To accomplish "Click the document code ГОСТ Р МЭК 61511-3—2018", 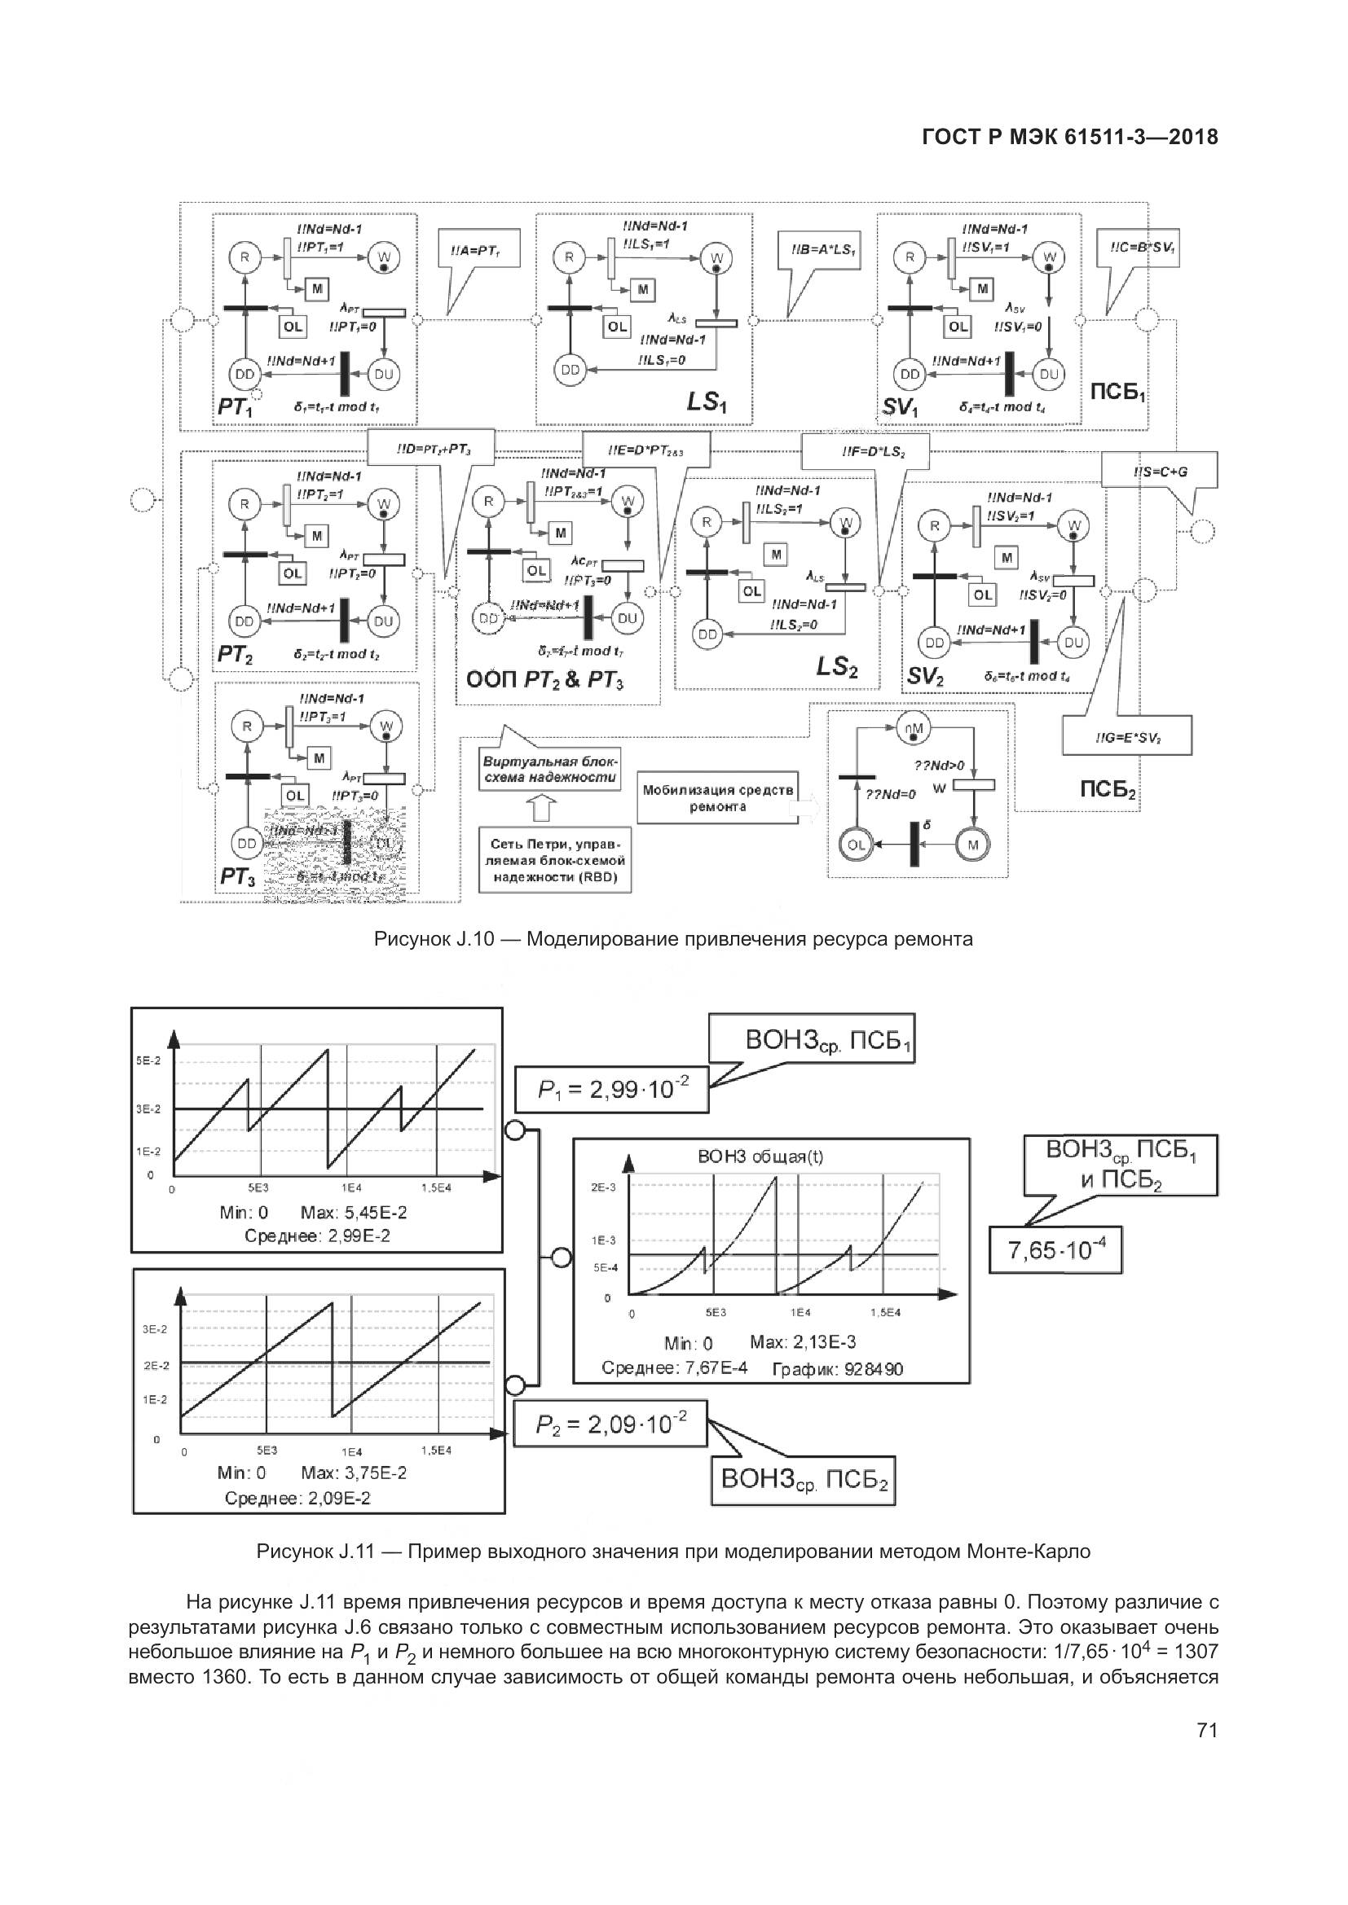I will point(1070,138).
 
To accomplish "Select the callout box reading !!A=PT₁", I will point(478,248).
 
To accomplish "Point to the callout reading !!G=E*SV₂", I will point(1127,735).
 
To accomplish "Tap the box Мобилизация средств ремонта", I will point(718,799).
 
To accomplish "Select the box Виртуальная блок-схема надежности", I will point(549,769).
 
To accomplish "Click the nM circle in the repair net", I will point(914,727).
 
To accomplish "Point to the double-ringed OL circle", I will point(857,845).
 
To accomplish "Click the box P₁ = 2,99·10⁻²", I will point(612,1090).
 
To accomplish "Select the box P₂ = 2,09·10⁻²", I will point(611,1424).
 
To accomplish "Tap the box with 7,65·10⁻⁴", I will point(1055,1249).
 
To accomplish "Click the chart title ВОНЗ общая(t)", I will point(760,1157).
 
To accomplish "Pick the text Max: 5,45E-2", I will point(354,1213).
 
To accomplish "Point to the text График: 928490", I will point(837,1369).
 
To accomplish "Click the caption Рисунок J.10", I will point(673,939).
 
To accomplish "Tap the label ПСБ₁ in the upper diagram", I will point(1118,391).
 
